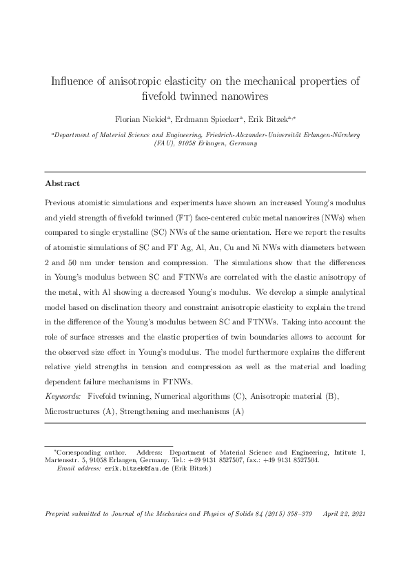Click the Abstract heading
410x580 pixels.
point(62,184)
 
